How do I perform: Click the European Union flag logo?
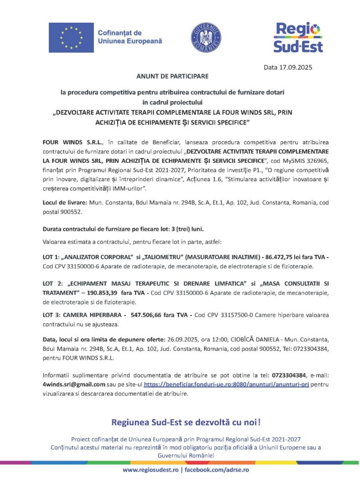tap(71, 37)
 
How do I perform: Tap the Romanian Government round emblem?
tap(206, 37)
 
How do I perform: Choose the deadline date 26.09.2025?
tap(205, 339)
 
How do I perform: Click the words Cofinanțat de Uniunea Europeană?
tap(129, 37)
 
